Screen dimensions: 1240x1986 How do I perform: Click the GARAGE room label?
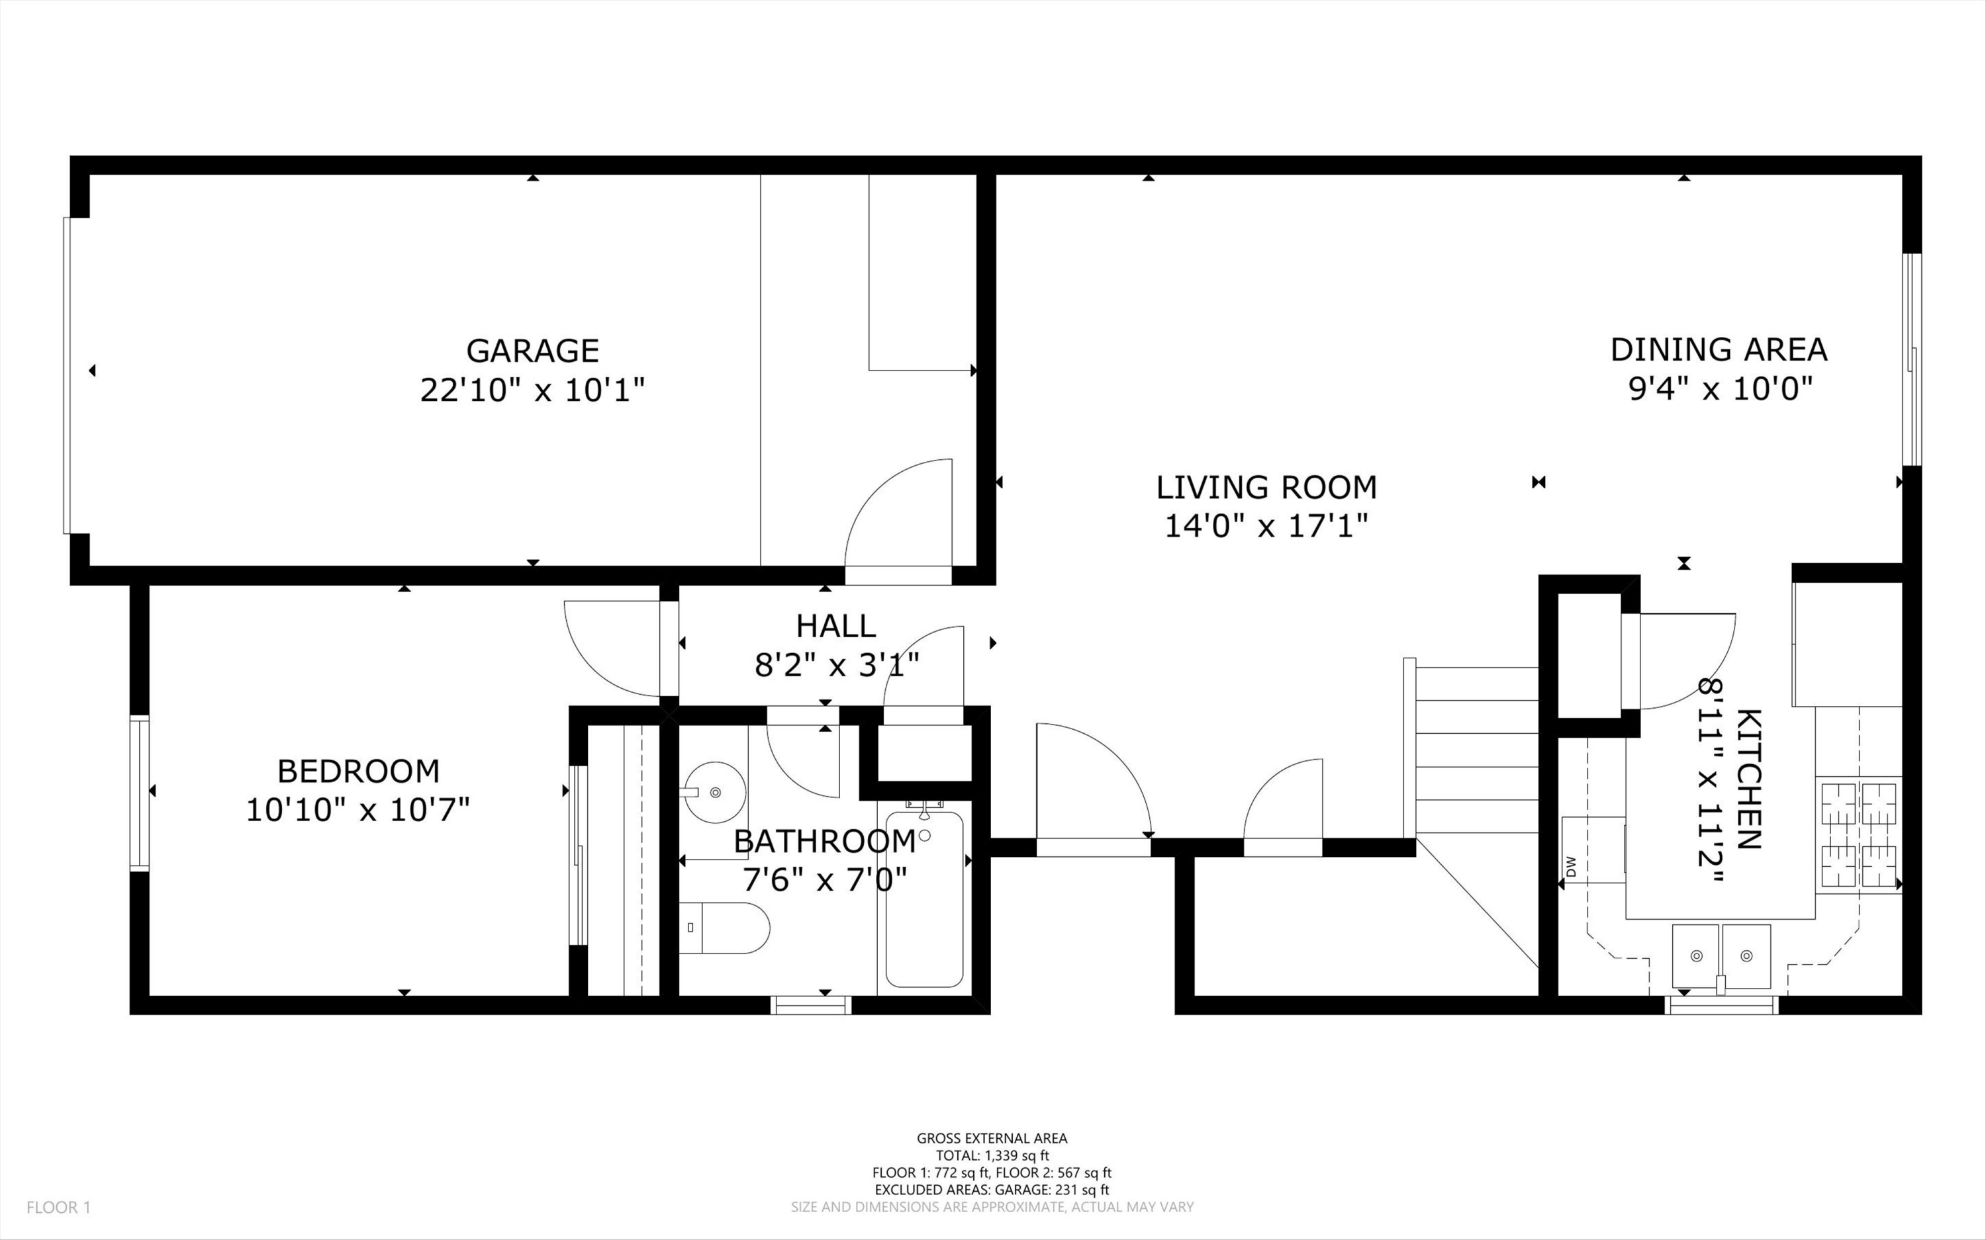(x=532, y=350)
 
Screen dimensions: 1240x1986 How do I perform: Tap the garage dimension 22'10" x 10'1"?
(x=532, y=390)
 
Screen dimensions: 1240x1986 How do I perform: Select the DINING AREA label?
(x=1719, y=349)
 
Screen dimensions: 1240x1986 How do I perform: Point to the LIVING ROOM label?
(x=1266, y=487)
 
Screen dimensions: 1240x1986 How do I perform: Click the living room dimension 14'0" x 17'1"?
(x=1266, y=525)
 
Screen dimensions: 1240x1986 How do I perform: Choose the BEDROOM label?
(x=359, y=771)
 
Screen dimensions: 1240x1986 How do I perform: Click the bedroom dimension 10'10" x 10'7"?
(x=359, y=811)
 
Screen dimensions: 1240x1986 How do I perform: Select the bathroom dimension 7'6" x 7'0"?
(x=824, y=880)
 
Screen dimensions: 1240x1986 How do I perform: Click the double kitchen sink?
(x=1721, y=956)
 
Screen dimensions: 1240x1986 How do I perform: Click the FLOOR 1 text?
(x=58, y=1207)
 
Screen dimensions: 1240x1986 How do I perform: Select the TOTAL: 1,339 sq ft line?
(x=992, y=1155)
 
